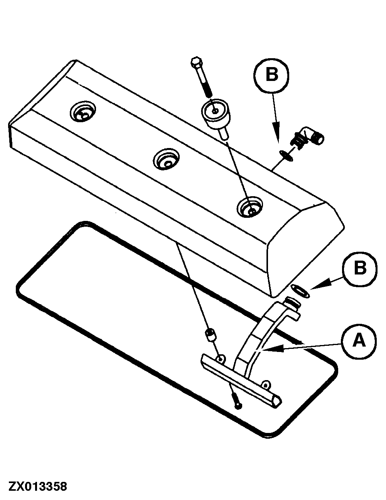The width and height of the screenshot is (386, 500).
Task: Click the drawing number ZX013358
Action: pos(38,485)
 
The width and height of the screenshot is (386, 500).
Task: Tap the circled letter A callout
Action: pos(359,342)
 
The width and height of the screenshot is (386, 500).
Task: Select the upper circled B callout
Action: pos(271,76)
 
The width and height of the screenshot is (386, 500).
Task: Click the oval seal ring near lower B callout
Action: pos(300,291)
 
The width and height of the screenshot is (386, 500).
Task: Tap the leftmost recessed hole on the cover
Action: pos(83,111)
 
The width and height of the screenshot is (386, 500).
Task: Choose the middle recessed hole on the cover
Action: pos(167,159)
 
